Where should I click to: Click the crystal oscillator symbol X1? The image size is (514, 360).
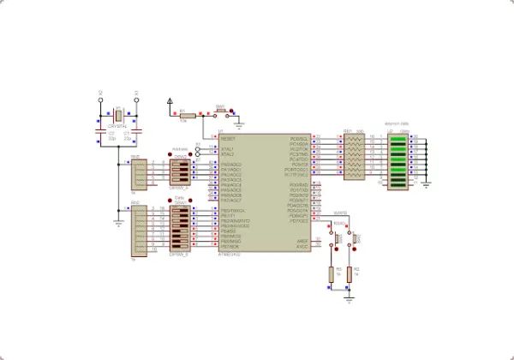[117, 113]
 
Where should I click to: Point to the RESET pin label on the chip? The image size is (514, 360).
[229, 138]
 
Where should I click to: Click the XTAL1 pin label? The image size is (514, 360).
[227, 148]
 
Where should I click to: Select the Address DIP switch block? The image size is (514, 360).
[181, 170]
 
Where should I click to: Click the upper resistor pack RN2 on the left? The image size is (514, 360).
[138, 173]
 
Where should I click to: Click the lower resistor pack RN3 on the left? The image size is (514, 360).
[138, 230]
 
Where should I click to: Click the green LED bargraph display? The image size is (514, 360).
[398, 157]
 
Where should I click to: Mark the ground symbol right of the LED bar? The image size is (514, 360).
[426, 183]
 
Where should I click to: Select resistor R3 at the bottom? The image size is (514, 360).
[332, 274]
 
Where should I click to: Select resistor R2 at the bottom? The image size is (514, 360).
[350, 274]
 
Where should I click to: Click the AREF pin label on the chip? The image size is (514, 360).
[302, 241]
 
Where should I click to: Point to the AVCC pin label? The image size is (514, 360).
[302, 247]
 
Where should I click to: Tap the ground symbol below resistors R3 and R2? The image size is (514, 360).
[348, 299]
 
